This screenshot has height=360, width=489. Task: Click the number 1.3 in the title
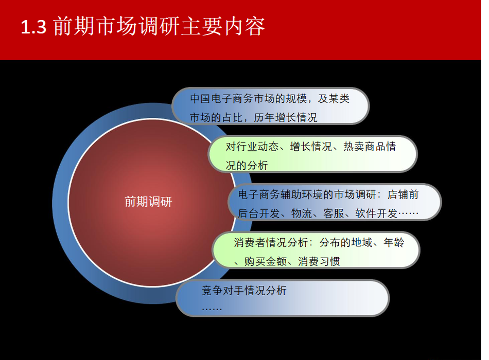33,27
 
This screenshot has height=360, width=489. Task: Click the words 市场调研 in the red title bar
137,26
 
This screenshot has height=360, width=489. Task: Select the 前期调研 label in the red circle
148,202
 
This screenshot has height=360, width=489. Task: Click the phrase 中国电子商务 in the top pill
222,99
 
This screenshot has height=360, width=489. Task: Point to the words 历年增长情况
285,117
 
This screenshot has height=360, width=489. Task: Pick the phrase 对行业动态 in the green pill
252,147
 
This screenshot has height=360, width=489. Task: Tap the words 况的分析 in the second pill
247,166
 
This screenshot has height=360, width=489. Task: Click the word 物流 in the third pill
302,213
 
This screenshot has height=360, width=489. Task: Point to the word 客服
334,213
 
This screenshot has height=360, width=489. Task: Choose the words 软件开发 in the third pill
376,213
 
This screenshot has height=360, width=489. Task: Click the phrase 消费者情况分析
271,243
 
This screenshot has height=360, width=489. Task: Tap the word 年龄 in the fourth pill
394,243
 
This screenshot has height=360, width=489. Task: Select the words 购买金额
266,261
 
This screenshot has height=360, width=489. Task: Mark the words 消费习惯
319,261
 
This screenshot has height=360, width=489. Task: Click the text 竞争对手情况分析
244,291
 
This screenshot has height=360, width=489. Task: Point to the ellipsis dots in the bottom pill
212,309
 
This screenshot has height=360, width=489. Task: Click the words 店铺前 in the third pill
403,194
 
